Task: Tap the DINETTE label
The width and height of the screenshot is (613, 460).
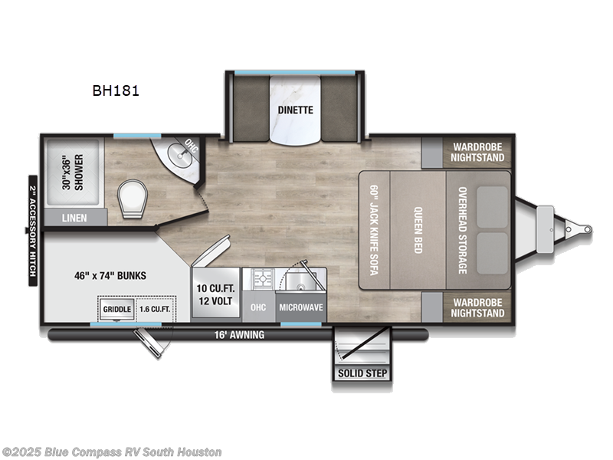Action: point(295,110)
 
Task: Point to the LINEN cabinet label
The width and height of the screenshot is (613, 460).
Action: point(74,218)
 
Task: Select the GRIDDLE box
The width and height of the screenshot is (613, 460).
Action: point(117,309)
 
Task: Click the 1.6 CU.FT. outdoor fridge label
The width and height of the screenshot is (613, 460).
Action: point(154,309)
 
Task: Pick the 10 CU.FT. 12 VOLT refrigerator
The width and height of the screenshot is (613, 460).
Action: point(216,293)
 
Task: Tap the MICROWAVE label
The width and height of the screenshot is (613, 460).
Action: point(300,307)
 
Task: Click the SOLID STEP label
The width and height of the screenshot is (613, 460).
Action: point(361,374)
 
